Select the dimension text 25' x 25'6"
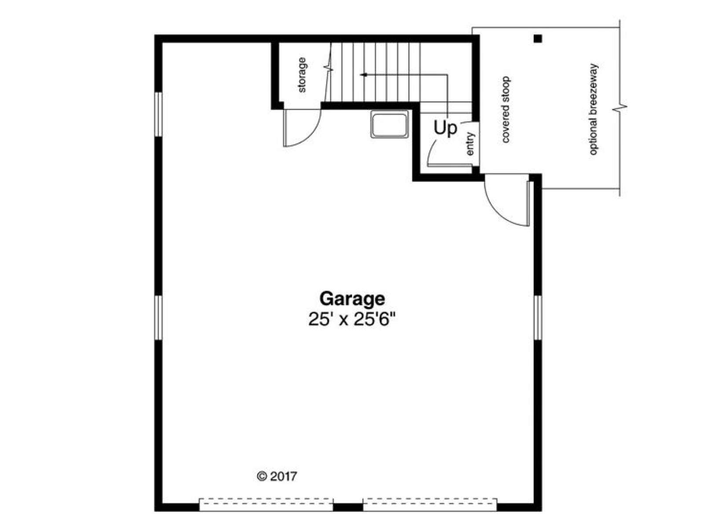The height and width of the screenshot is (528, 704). [x=352, y=320]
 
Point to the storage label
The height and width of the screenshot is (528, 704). [x=302, y=75]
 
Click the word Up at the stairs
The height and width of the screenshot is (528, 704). [x=445, y=128]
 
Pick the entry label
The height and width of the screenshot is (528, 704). [x=470, y=144]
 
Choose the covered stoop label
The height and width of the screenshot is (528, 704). [x=506, y=110]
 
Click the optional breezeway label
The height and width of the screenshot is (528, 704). [x=594, y=110]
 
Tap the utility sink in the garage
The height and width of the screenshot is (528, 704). [x=389, y=124]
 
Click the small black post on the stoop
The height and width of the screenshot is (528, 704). [x=538, y=39]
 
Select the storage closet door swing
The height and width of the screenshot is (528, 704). [x=302, y=128]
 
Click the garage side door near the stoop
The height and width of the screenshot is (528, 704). [x=507, y=200]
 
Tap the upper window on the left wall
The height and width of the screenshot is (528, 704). [x=158, y=114]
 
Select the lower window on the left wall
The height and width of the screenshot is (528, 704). [x=158, y=318]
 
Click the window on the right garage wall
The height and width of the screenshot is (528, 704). [x=538, y=317]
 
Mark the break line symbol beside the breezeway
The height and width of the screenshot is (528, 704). [x=620, y=108]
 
